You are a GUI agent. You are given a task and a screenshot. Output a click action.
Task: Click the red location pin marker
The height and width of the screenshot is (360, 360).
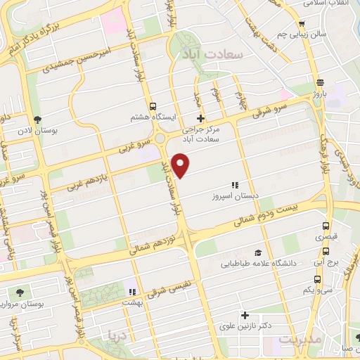click(181, 165)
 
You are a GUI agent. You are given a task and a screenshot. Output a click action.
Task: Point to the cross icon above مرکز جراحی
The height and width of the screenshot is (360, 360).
click(201, 118)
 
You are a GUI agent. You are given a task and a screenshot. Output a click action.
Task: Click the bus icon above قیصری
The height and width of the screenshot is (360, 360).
click(326, 226)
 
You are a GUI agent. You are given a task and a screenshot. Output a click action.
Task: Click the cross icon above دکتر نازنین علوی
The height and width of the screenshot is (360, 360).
click(245, 316)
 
